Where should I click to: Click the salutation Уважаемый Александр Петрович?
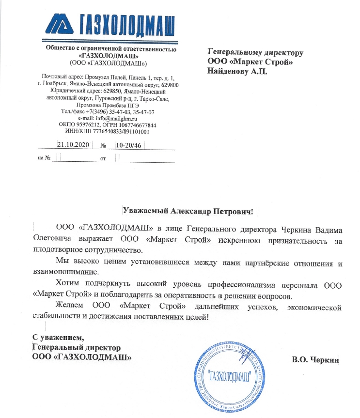click(x=188, y=211)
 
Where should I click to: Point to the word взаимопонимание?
click(x=60, y=273)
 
